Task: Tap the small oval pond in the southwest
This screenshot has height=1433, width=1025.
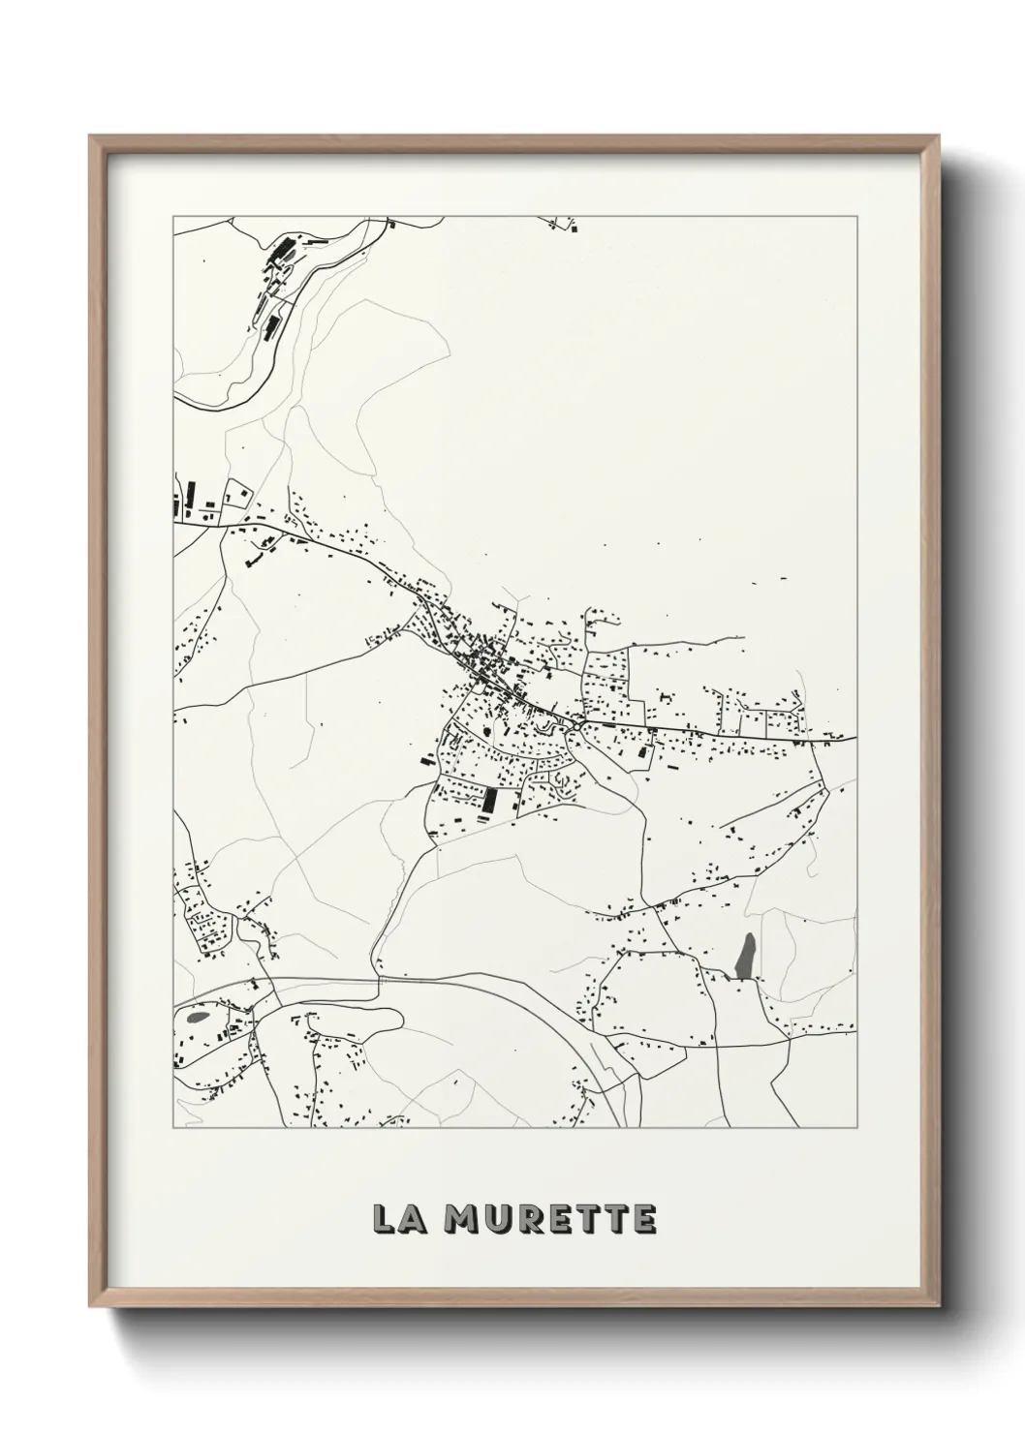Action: coord(199,1018)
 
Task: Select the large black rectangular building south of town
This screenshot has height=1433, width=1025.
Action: coord(489,801)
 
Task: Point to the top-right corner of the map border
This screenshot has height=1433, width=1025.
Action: coord(856,216)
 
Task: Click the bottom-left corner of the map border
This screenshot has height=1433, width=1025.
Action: coord(173,1128)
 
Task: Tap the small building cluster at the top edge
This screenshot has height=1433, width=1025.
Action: coord(563,224)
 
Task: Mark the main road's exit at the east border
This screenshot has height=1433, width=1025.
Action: coord(854,739)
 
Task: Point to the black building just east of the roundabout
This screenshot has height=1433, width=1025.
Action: coord(640,751)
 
